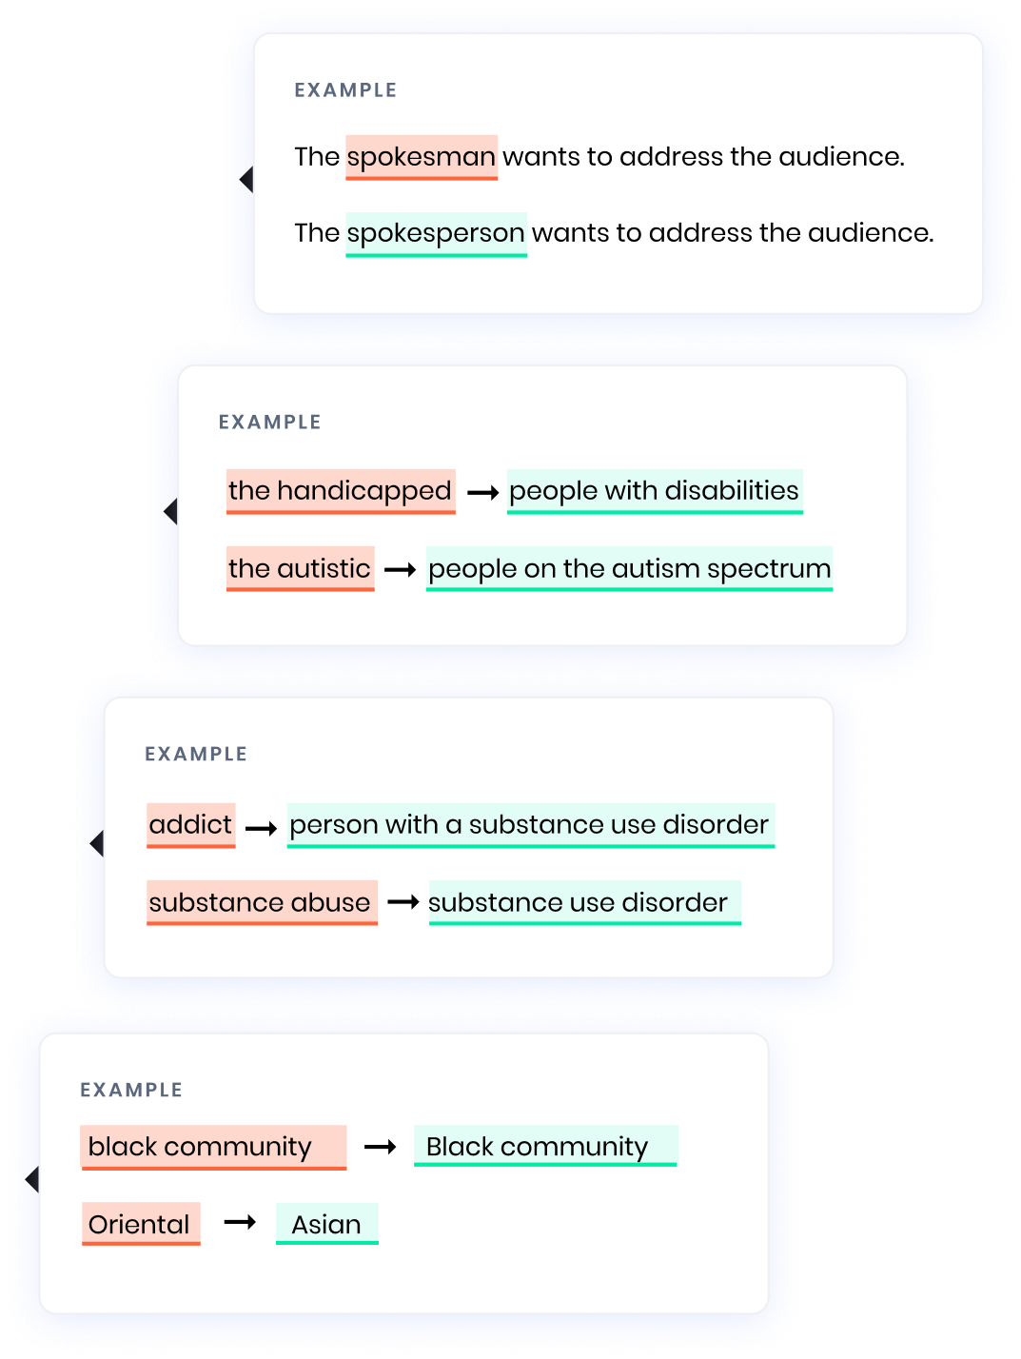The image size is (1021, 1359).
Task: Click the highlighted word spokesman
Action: tap(421, 157)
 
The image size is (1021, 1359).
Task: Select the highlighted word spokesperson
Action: tap(436, 233)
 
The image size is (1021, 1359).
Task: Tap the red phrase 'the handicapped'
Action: tap(340, 491)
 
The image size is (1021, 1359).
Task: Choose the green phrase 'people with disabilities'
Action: tap(654, 491)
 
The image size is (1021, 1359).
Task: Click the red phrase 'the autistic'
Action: tap(300, 569)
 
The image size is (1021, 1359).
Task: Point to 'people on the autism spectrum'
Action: tap(629, 569)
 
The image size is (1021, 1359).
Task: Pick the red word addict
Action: tap(190, 825)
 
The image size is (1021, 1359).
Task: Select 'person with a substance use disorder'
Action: tap(529, 825)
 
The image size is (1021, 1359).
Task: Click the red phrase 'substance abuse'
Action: tap(260, 903)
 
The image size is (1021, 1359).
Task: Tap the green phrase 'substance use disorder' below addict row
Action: tap(579, 903)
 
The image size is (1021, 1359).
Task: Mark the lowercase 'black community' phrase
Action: tap(201, 1148)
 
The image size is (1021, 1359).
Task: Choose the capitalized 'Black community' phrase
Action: tap(538, 1148)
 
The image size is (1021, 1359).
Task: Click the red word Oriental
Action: tap(139, 1225)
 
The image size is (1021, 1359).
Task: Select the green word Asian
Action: tap(326, 1225)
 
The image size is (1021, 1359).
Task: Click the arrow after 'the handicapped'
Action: tap(483, 493)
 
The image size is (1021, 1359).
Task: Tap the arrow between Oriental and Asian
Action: tap(240, 1222)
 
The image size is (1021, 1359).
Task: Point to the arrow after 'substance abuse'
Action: tap(403, 902)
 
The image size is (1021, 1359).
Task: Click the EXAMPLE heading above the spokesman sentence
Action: tap(345, 90)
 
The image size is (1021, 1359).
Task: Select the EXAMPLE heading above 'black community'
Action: tap(131, 1091)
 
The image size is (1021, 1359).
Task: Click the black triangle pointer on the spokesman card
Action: tap(246, 179)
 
